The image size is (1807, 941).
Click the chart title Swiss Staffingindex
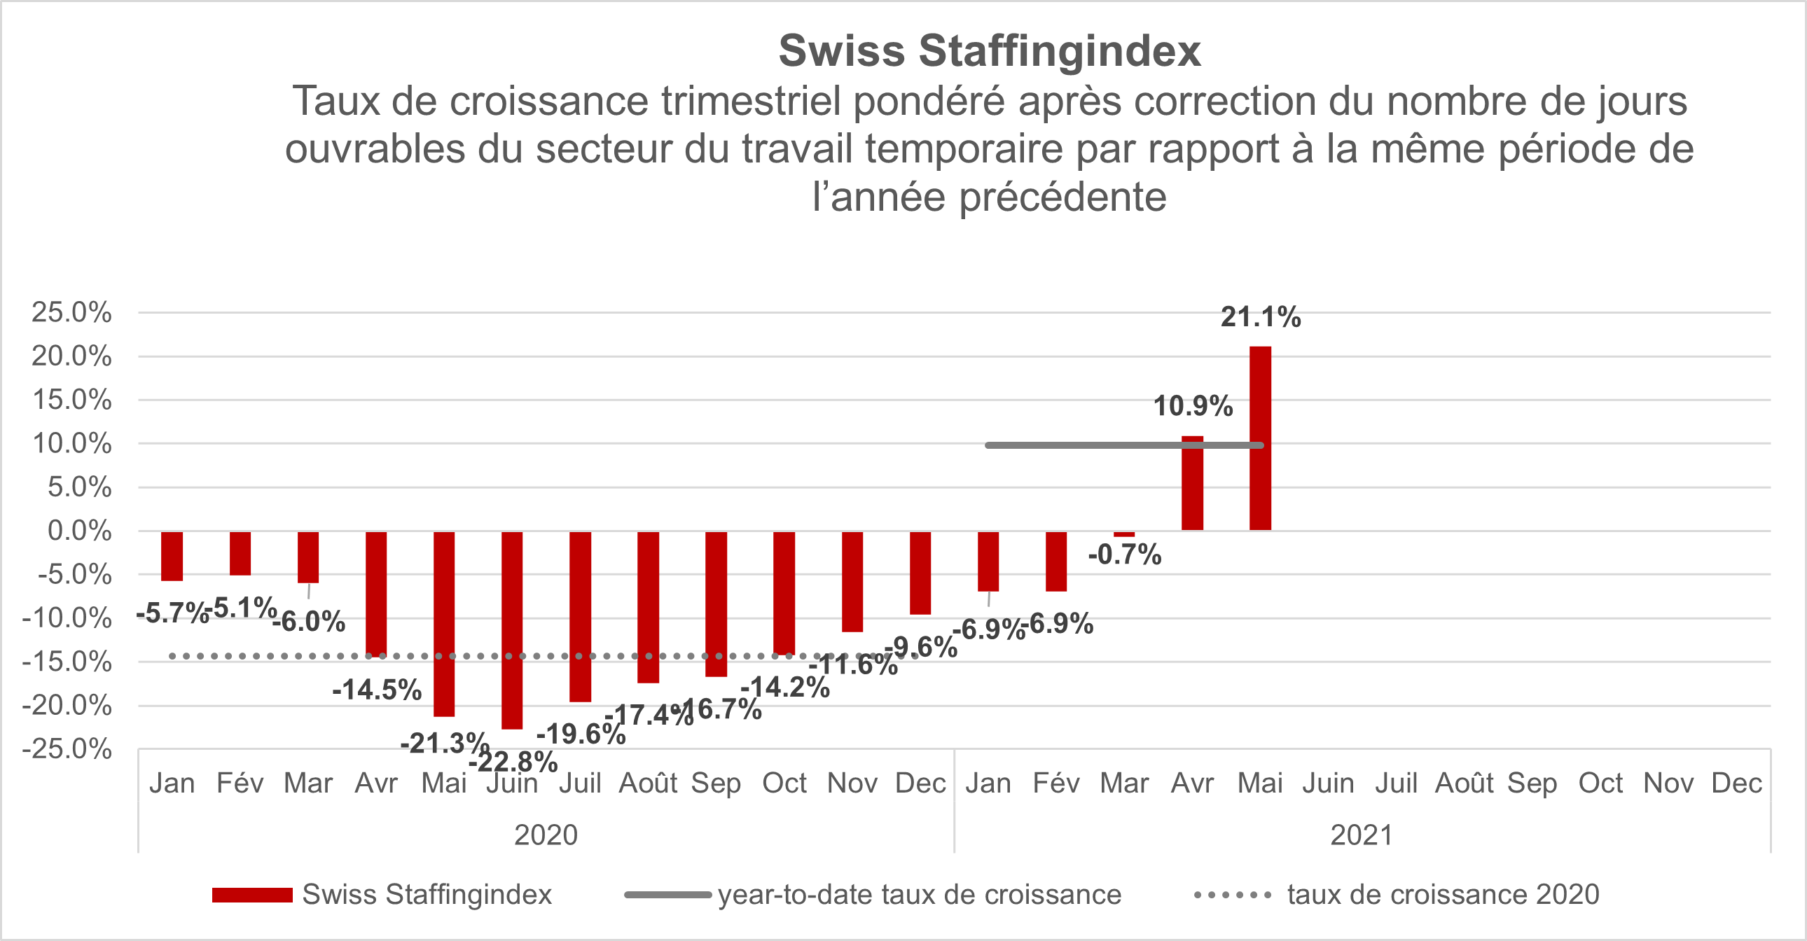tap(989, 51)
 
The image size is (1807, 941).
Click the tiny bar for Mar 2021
tap(1123, 534)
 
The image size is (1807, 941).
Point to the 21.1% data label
tap(1261, 317)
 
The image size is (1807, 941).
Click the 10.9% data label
tap(1193, 406)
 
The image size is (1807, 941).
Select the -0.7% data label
tap(1124, 555)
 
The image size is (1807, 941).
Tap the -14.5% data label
tap(377, 690)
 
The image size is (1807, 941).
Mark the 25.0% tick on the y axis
tap(71, 312)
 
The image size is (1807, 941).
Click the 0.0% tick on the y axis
tap(79, 531)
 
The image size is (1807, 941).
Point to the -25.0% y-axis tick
tap(67, 749)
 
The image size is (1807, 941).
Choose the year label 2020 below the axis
tap(546, 835)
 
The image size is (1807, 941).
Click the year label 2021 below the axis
tap(1362, 835)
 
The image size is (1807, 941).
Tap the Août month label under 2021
tap(1464, 783)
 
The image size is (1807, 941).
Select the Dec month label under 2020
tap(920, 783)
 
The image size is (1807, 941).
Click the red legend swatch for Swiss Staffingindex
tap(252, 895)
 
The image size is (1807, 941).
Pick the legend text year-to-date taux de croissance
tap(919, 895)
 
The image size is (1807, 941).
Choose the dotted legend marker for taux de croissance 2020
tap(1233, 895)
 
